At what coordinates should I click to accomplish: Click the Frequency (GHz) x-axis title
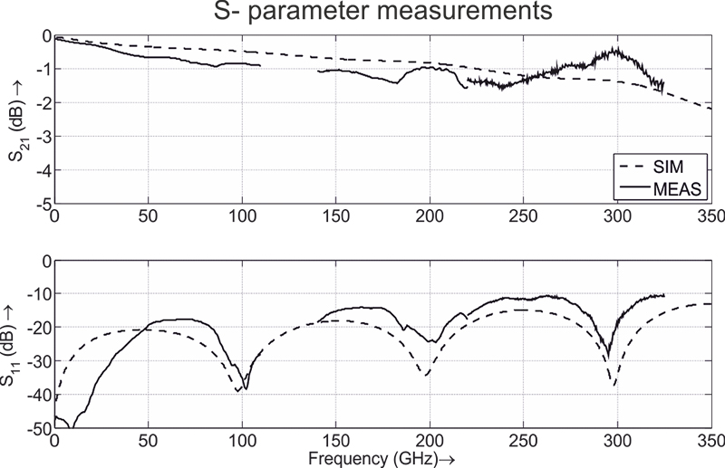click(381, 460)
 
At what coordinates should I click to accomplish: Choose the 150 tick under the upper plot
click(335, 217)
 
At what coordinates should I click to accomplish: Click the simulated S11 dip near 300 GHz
click(615, 386)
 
